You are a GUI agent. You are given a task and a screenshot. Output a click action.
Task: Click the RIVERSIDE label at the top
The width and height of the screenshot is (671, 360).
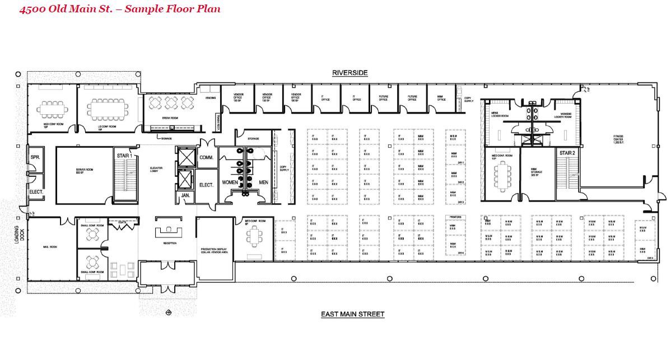point(350,73)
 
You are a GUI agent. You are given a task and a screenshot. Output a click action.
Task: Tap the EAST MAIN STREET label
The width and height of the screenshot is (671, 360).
point(352,314)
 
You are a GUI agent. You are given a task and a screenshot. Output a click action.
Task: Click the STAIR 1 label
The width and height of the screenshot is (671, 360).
point(124,155)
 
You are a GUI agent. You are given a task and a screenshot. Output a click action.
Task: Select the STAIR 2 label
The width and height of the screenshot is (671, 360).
point(567,153)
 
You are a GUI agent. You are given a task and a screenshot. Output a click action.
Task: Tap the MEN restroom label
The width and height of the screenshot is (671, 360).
point(263,183)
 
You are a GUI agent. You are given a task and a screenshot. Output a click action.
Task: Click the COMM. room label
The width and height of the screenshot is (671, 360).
point(206,158)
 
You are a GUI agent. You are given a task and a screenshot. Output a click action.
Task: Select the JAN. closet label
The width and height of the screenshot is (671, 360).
point(185,195)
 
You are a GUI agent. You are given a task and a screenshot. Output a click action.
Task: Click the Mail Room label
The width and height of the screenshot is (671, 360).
point(50,247)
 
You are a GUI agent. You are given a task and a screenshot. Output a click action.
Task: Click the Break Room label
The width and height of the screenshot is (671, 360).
point(170,118)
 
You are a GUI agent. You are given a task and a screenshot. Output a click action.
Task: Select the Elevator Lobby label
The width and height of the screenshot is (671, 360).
point(156,170)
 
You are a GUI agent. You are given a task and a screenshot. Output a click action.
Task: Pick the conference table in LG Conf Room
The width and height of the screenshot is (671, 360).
point(107,109)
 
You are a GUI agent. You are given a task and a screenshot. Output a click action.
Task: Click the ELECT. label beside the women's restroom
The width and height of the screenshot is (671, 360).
point(206,184)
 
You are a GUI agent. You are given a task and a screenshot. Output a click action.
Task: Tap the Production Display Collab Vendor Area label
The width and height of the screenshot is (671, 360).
point(215,251)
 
